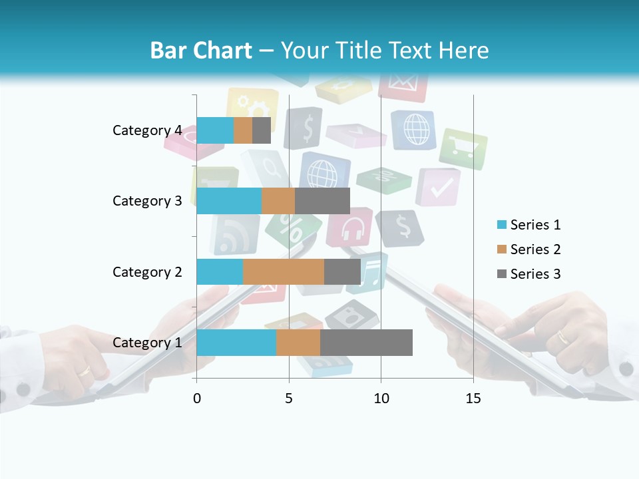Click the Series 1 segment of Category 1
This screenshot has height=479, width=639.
[x=236, y=343]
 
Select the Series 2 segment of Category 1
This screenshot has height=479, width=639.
[x=298, y=343]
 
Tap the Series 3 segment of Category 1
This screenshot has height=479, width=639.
[x=366, y=343]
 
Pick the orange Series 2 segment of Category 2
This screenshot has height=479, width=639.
[x=283, y=271]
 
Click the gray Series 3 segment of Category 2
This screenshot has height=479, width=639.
[x=342, y=271]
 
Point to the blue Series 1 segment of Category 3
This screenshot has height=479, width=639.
[x=228, y=201]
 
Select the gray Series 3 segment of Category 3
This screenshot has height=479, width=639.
[x=322, y=201]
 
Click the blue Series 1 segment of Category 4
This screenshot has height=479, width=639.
[x=214, y=130]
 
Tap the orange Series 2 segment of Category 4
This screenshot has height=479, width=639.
[x=242, y=130]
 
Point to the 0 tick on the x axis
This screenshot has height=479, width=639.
[x=196, y=399]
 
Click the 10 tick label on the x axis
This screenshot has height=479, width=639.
[x=381, y=399]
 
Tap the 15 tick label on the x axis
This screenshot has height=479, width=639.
[x=473, y=399]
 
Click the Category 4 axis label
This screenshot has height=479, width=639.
[x=147, y=130]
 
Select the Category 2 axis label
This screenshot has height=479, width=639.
[x=147, y=271]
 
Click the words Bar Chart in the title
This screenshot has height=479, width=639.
[x=201, y=51]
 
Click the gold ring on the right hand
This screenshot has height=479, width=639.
[x=563, y=337]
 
